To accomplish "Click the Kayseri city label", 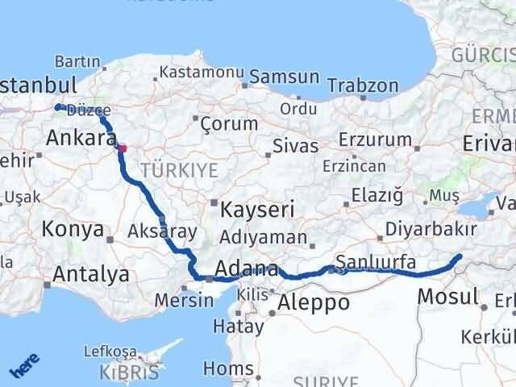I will (258, 209).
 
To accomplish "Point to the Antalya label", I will (90, 274).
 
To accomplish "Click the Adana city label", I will (248, 269).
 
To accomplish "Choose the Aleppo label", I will (314, 302).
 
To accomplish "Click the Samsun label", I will (285, 77).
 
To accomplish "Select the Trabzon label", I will (368, 85).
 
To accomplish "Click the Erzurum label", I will (376, 139).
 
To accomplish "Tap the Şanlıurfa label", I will (376, 261).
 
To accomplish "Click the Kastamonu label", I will (202, 72).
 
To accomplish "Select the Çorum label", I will (229, 124).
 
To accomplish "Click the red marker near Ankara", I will (123, 148).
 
